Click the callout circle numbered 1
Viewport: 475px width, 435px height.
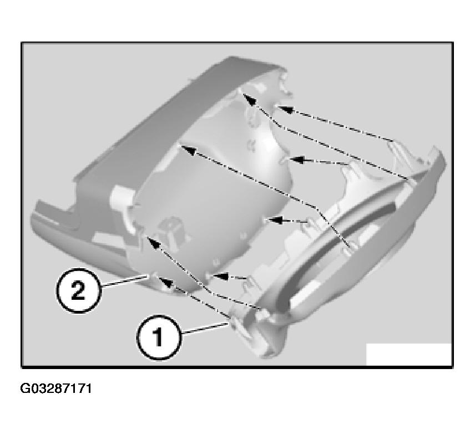click(x=159, y=337)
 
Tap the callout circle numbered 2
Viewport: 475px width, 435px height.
click(x=78, y=291)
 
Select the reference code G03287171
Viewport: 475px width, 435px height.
click(x=55, y=388)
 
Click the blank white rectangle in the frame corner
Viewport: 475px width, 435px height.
click(x=408, y=354)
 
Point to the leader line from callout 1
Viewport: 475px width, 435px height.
click(x=205, y=329)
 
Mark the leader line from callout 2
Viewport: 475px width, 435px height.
click(x=125, y=281)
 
